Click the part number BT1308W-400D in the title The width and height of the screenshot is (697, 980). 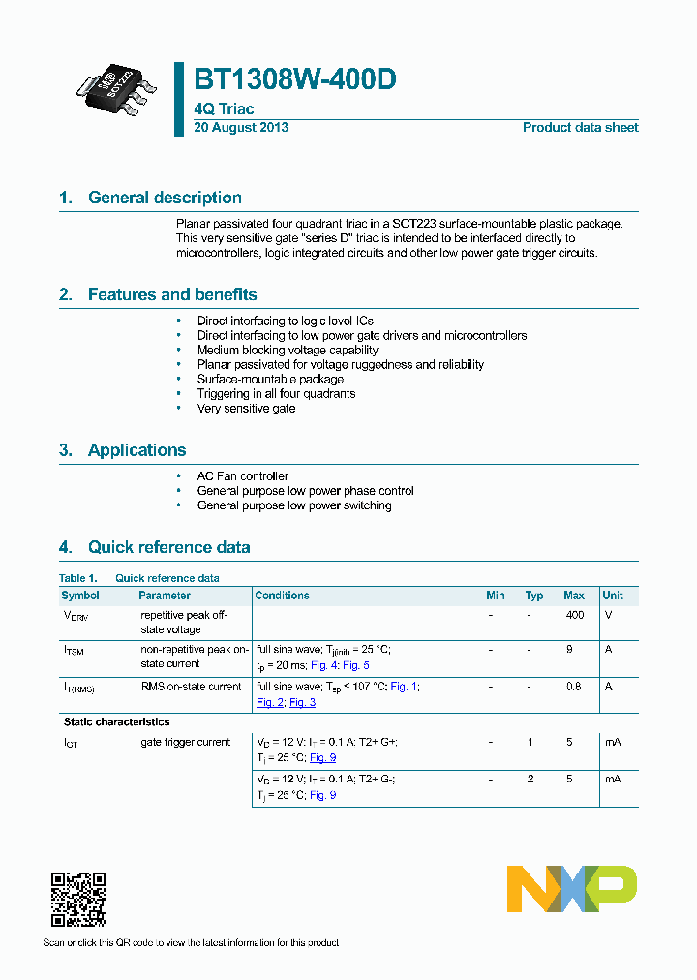click(294, 80)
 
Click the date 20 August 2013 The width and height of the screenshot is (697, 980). click(241, 128)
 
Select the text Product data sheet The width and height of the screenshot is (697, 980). click(580, 128)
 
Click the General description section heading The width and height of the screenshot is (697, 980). click(165, 198)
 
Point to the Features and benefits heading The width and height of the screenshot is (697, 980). click(172, 294)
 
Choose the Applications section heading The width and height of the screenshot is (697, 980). click(136, 450)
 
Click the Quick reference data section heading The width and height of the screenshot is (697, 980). click(168, 547)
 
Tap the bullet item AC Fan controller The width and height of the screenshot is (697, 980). click(243, 476)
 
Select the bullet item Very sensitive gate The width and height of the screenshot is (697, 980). click(246, 409)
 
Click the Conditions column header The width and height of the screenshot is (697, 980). click(283, 596)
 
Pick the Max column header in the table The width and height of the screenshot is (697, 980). click(574, 596)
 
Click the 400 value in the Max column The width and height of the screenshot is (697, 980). click(574, 615)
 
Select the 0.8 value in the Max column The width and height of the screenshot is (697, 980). click(574, 687)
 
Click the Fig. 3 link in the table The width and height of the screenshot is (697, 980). click(302, 702)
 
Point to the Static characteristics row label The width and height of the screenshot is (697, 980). click(116, 721)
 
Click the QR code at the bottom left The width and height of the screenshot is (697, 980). click(77, 900)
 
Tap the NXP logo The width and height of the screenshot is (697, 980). click(572, 889)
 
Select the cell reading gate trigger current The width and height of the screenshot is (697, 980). click(186, 742)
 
